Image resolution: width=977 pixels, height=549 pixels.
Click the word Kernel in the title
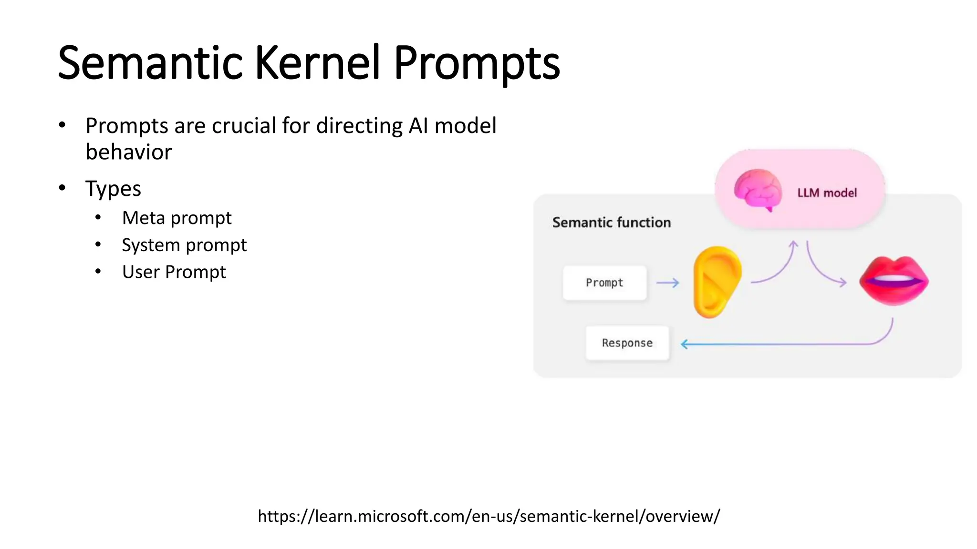pos(317,63)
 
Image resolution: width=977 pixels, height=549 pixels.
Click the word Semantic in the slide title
pos(150,63)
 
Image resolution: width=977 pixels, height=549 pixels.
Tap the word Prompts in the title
pos(476,63)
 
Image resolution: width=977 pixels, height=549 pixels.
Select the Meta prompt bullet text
pos(177,218)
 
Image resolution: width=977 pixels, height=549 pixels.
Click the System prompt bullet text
pos(184,245)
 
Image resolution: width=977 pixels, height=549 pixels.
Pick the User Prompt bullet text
pos(174,272)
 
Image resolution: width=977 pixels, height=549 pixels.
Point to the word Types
pos(113,189)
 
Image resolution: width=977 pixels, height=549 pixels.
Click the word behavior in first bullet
pos(129,152)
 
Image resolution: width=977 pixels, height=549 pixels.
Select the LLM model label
pos(827,193)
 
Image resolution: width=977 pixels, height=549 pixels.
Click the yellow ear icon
pos(717,282)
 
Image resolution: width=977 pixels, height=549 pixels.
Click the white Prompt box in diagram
pos(604,283)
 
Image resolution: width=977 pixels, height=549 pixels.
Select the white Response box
pos(627,343)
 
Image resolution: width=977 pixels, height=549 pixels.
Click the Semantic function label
pos(611,223)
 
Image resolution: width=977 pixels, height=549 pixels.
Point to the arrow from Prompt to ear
pos(667,283)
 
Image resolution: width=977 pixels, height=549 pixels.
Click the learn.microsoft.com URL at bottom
pos(488,516)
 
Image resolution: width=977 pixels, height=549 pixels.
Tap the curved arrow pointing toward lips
pos(822,272)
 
